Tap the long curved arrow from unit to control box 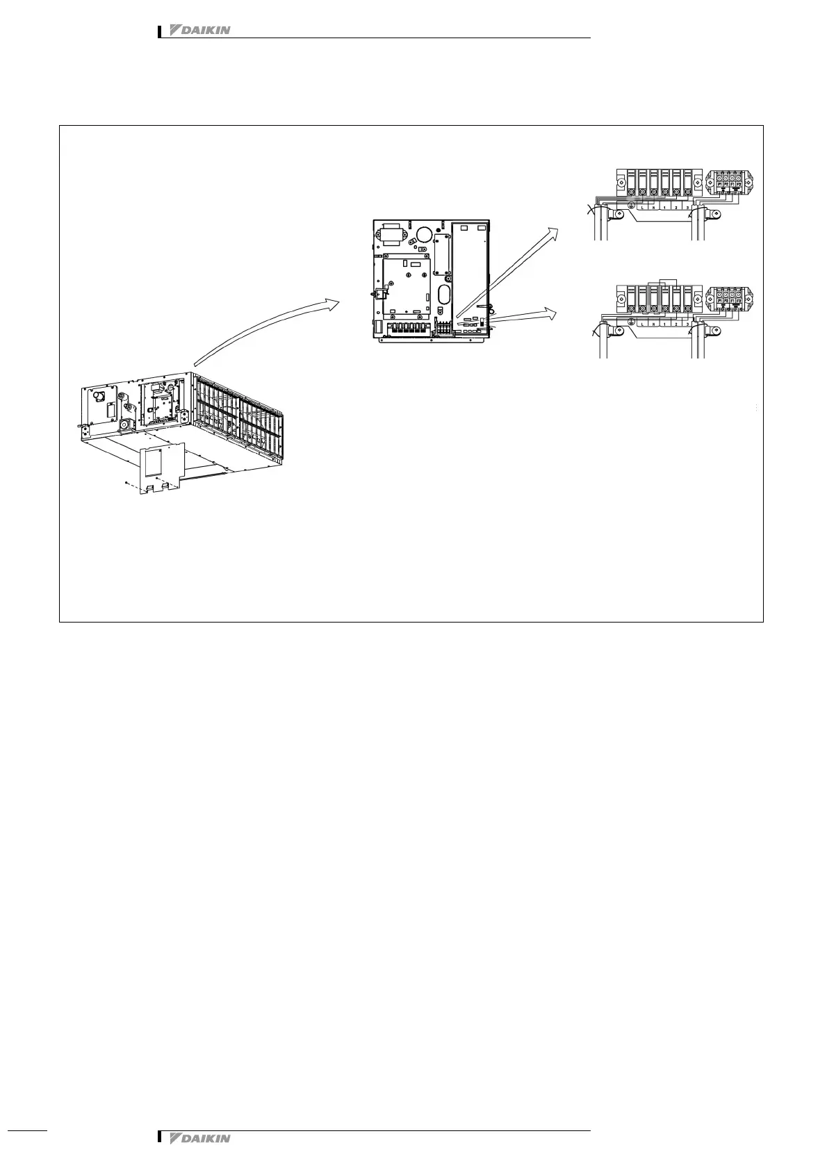pos(264,327)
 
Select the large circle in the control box pos(423,235)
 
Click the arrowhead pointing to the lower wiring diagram pos(553,313)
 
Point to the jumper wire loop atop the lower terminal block pos(659,283)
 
